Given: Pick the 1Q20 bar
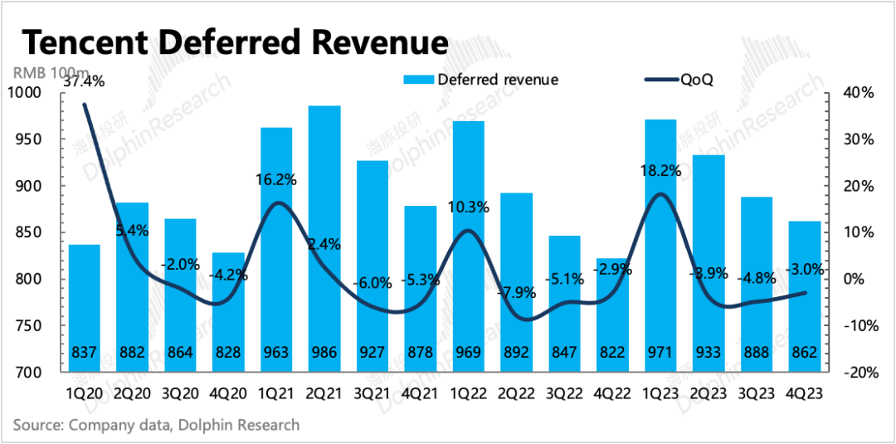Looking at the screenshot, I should tap(84, 308).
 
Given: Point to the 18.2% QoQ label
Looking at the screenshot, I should tap(661, 172).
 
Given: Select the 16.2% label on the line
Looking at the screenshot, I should tap(276, 178).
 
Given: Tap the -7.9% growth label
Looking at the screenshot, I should tap(516, 292).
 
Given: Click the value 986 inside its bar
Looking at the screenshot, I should tap(324, 352).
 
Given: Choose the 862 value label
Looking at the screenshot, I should tap(805, 352).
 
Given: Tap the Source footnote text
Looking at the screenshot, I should tap(156, 425).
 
